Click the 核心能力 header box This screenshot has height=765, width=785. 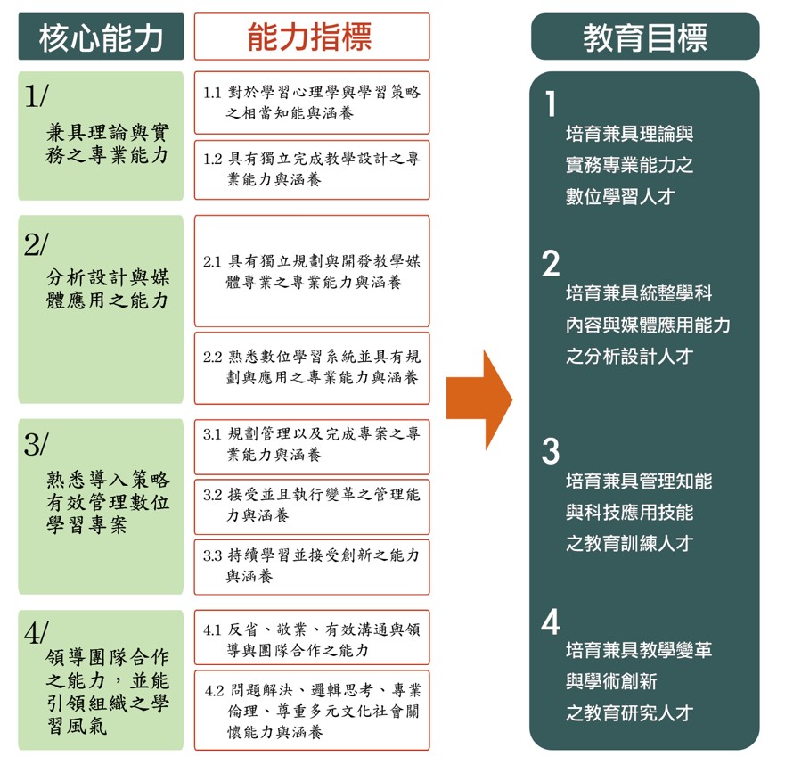tap(101, 37)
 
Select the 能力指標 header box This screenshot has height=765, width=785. tap(311, 37)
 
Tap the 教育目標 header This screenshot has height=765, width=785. tap(645, 37)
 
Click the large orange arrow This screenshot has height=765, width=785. tap(479, 399)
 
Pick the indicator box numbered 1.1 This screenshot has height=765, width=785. tap(311, 103)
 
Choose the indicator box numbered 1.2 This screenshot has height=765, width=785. tap(311, 169)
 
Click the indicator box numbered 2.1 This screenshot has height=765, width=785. tap(311, 271)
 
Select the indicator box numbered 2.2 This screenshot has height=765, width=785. tap(311, 366)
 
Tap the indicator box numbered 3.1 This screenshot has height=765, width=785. tap(311, 445)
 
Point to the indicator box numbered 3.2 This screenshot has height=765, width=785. tap(311, 506)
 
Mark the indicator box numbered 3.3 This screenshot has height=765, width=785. tap(311, 566)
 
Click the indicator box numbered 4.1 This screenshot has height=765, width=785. tap(311, 639)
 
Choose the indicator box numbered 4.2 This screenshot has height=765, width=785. tap(311, 711)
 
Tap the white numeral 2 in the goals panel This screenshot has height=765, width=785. tap(552, 264)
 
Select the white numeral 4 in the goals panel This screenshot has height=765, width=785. tap(552, 622)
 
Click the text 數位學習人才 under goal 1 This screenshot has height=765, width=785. tap(620, 197)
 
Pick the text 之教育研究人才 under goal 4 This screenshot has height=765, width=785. tap(629, 713)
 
